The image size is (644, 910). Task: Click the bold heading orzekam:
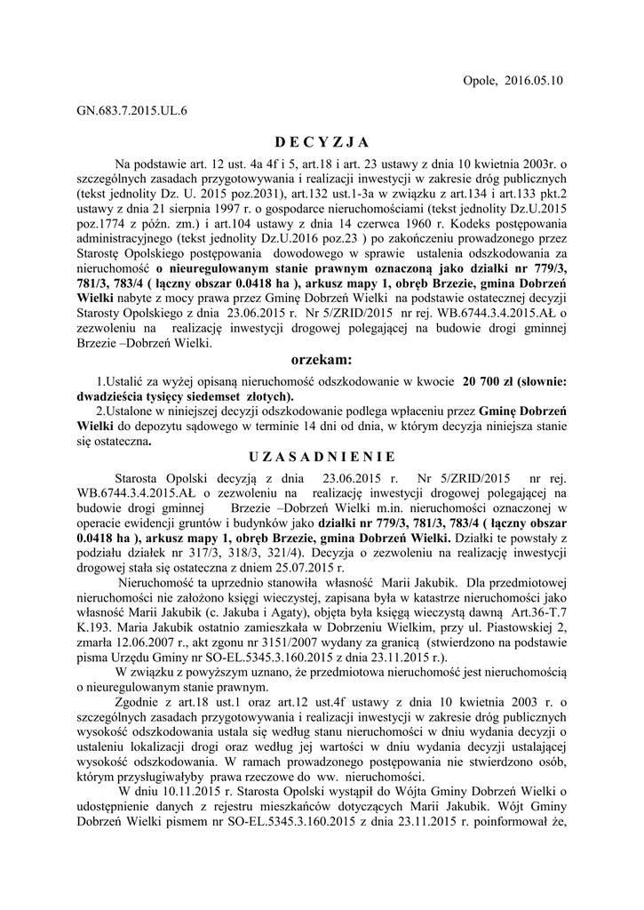(322, 360)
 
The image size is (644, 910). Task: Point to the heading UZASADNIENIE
(322, 458)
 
